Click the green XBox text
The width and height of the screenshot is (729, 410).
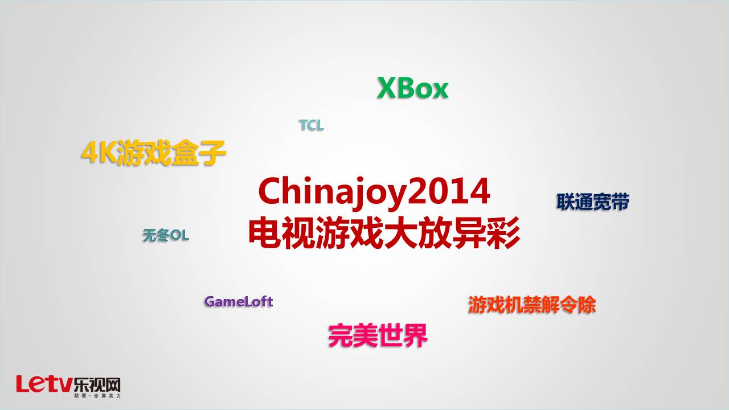pos(413,88)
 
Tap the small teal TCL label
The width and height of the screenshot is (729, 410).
pos(312,125)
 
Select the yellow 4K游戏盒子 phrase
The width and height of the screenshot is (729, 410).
pos(153,153)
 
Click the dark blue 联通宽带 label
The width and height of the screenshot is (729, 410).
pos(593,202)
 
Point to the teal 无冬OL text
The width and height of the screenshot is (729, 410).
pos(166,235)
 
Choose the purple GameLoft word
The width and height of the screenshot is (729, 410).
pos(239,302)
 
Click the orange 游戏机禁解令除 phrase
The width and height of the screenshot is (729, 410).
pos(532,305)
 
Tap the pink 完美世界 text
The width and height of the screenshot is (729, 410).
pos(378,335)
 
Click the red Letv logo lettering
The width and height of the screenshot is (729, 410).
pos(44,384)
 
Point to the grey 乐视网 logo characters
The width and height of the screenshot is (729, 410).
pos(97,386)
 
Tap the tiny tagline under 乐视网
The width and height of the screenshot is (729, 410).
pos(97,396)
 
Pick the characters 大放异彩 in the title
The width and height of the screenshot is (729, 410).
pos(452,233)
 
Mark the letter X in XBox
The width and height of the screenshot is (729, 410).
pos(387,88)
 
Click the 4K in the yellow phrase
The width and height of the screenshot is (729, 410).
pos(99,153)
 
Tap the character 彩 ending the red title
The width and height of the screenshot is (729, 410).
pos(503,233)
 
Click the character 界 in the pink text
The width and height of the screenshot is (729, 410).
pos(415,335)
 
